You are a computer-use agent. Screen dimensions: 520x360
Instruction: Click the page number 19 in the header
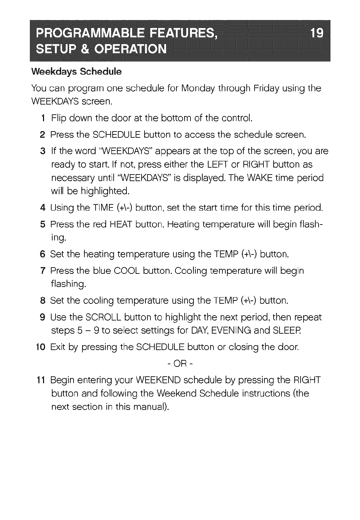[317, 33]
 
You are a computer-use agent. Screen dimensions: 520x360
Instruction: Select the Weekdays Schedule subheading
[76, 72]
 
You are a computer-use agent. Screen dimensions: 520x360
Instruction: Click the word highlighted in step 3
[104, 191]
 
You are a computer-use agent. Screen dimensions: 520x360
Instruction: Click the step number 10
[41, 347]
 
